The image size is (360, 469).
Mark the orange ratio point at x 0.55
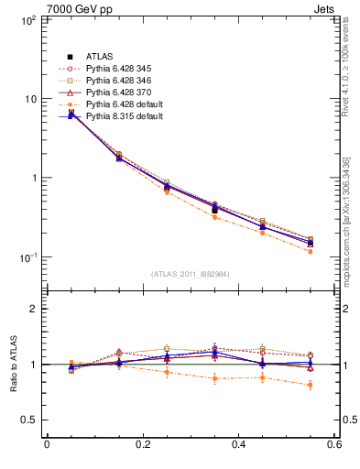(x=311, y=385)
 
